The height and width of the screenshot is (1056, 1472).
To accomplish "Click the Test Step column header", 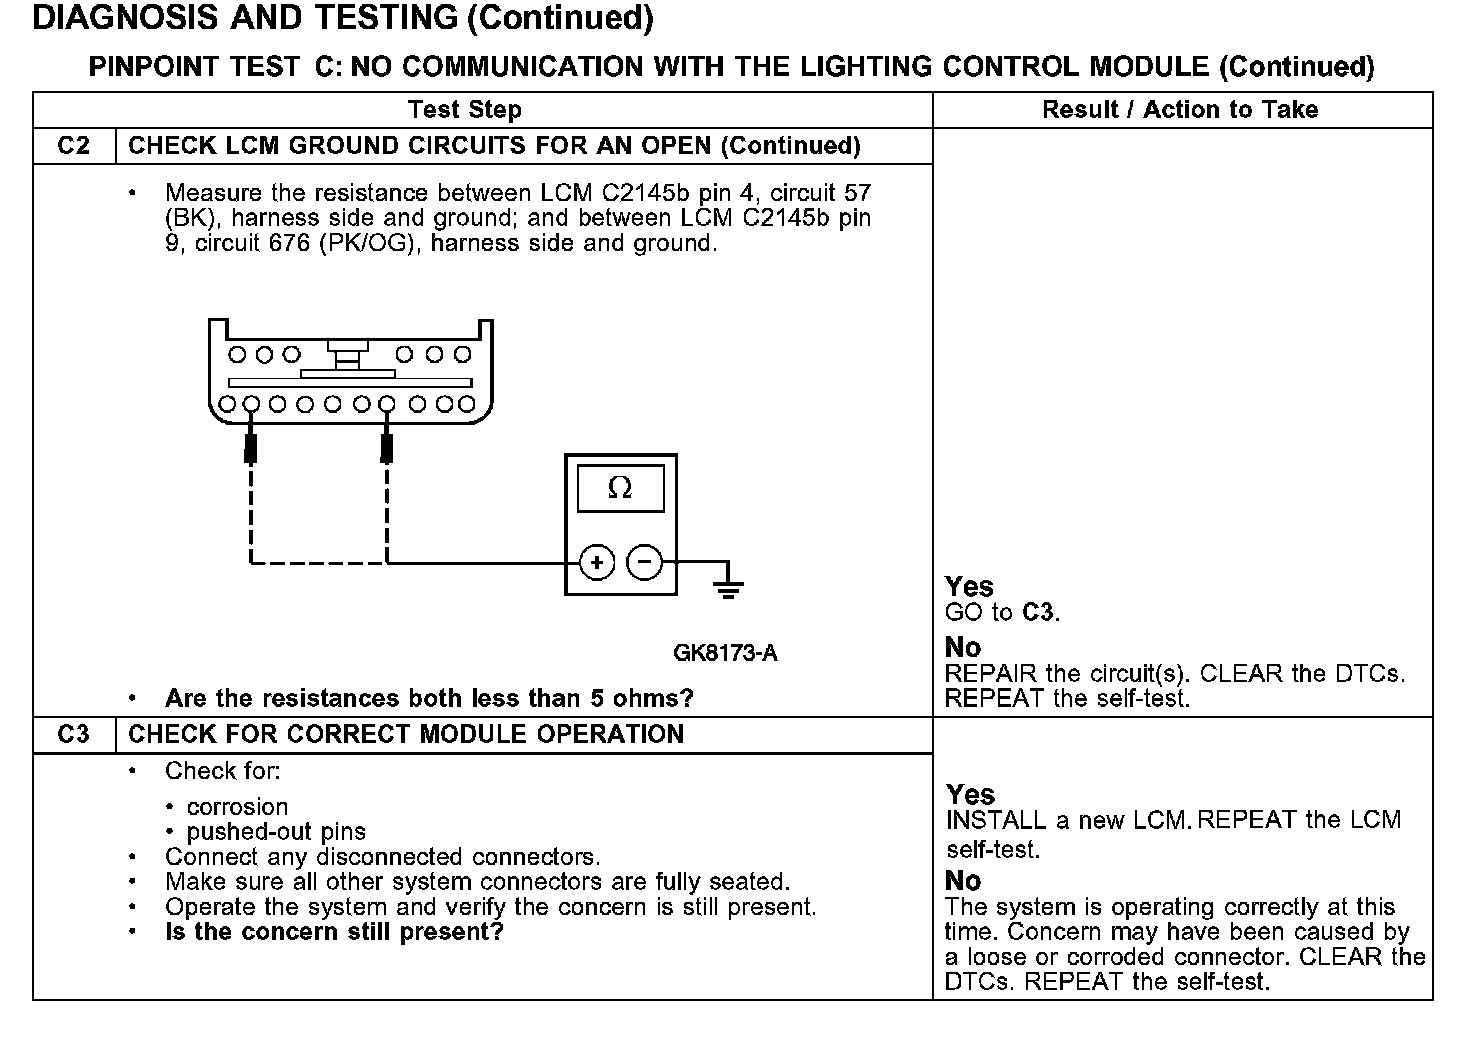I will pyautogui.click(x=464, y=110).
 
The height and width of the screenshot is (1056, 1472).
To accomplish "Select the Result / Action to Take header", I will pyautogui.click(x=1180, y=110).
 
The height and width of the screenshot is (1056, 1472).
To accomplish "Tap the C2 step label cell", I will pyautogui.click(x=74, y=146).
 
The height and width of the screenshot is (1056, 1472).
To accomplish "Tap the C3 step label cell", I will pyautogui.click(x=74, y=734).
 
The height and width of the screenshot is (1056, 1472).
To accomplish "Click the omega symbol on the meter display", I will pyautogui.click(x=620, y=488).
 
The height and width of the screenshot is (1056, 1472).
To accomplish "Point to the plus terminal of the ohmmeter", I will pyautogui.click(x=597, y=563).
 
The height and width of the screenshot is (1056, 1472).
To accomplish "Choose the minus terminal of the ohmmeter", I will pyautogui.click(x=644, y=563).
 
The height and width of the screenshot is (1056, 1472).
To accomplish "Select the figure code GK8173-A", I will pyautogui.click(x=725, y=654).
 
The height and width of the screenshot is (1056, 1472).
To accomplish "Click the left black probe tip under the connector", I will pyautogui.click(x=251, y=448).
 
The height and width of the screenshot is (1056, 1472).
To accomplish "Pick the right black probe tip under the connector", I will pyautogui.click(x=387, y=448).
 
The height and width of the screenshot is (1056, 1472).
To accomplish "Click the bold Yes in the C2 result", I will pyautogui.click(x=969, y=587).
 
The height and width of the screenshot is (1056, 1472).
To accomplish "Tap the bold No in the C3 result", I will pyautogui.click(x=963, y=881).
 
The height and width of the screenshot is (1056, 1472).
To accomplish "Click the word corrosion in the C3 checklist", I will pyautogui.click(x=237, y=807).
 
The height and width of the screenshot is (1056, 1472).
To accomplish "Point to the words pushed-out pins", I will pyautogui.click(x=276, y=832).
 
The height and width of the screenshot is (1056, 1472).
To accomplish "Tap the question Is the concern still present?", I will pyautogui.click(x=334, y=932).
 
